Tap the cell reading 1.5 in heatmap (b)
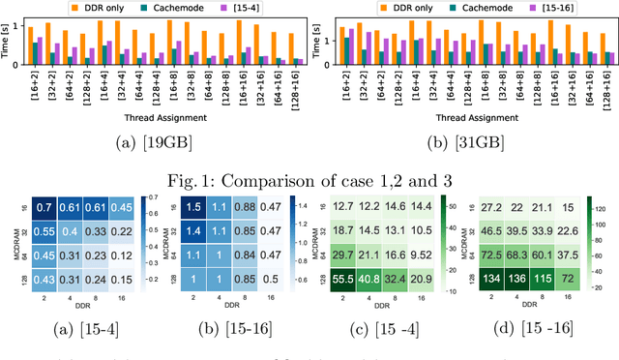193,206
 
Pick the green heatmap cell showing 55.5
341,280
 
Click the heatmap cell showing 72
571,280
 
